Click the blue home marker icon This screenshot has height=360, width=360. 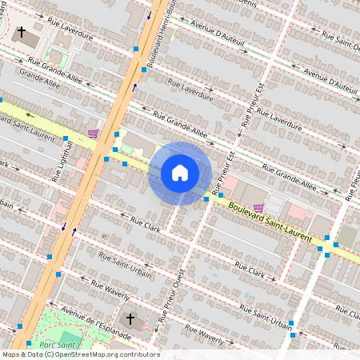[180, 173]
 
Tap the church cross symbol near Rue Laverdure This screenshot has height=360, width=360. [22, 33]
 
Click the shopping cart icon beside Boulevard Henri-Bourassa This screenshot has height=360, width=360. [94, 134]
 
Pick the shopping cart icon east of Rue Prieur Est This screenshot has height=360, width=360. [258, 207]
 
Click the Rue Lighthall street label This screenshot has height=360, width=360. [56, 162]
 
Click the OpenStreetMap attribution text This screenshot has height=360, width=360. [81, 354]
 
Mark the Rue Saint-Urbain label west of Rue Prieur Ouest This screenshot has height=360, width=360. [125, 265]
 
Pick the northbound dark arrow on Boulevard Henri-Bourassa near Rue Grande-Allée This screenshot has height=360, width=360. [134, 87]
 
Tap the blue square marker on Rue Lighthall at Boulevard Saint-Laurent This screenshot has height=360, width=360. [66, 138]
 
